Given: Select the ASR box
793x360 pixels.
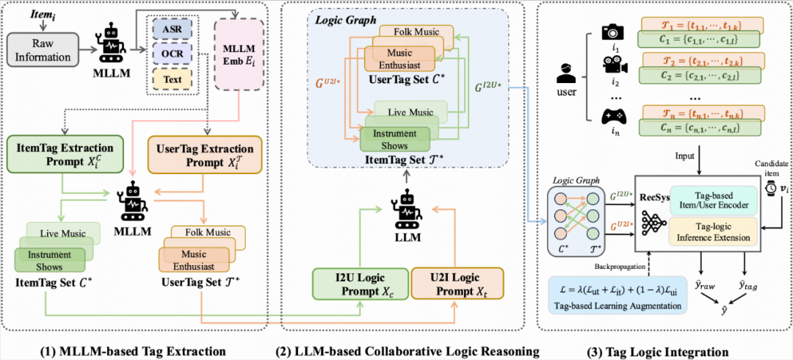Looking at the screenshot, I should click(x=173, y=30).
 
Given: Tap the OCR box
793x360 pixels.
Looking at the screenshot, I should click(x=173, y=53).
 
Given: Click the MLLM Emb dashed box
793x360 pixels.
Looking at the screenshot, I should click(x=236, y=52).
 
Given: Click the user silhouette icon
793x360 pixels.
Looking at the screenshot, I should click(x=565, y=76).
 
